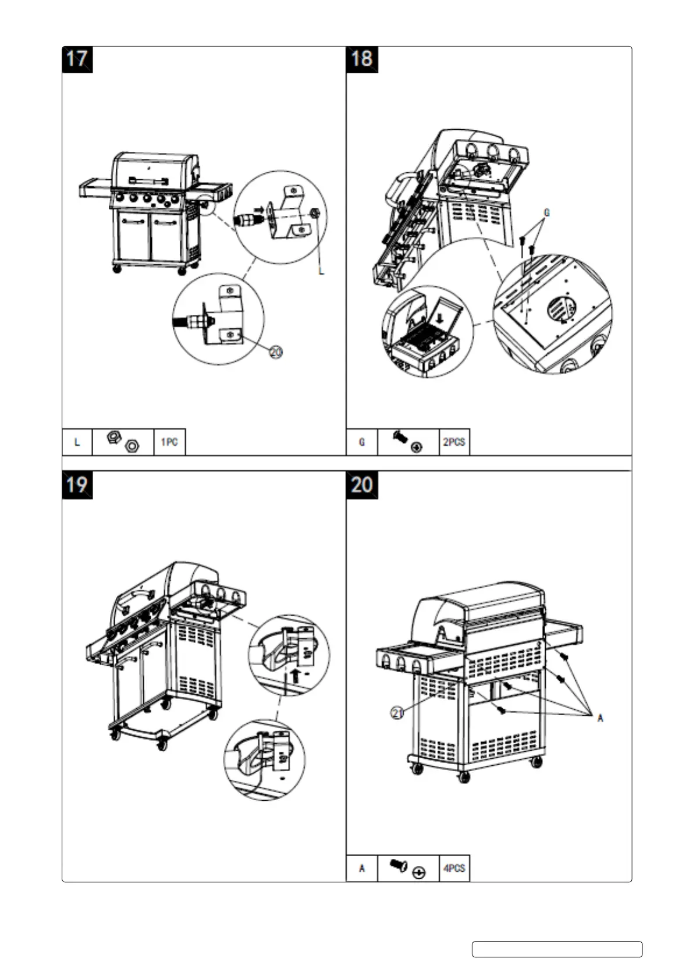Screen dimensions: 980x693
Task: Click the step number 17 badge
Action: point(77,59)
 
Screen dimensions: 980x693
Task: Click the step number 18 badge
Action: point(361,59)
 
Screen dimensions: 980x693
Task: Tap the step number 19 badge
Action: point(77,485)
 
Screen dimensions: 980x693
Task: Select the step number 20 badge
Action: point(361,485)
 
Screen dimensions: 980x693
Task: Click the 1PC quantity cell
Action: point(169,442)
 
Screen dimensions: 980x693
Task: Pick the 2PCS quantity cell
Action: point(454,442)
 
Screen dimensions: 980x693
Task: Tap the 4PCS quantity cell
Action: point(454,868)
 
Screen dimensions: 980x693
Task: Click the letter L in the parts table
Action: point(77,442)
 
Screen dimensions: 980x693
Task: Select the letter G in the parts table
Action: point(362,442)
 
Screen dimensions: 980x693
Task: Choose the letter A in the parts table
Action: point(362,868)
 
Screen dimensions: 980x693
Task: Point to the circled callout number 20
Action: point(276,351)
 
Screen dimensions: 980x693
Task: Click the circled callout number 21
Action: point(397,713)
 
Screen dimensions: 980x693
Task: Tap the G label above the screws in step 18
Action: point(547,213)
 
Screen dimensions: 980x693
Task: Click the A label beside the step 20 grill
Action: point(600,718)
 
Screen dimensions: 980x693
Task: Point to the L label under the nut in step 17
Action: point(321,271)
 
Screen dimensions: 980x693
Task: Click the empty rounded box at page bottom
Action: point(557,949)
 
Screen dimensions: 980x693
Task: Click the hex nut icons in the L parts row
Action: point(123,442)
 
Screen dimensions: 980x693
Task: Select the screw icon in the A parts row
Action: point(399,866)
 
